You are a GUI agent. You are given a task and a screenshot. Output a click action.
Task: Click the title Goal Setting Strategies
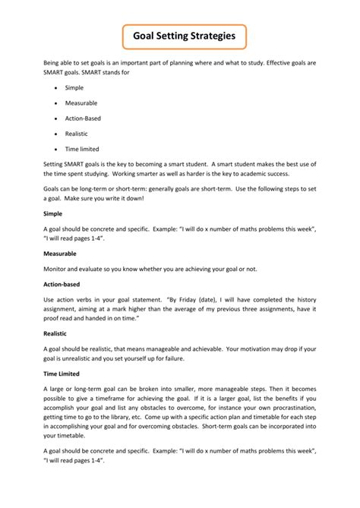(180, 35)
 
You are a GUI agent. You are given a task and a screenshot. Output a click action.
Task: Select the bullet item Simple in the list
(74, 88)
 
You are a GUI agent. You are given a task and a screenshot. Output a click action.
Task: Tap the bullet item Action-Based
(82, 118)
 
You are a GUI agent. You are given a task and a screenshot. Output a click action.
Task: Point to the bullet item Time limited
(82, 149)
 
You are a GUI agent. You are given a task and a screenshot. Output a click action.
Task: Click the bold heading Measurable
(61, 253)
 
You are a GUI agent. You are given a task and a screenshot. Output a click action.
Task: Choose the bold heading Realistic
(55, 333)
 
